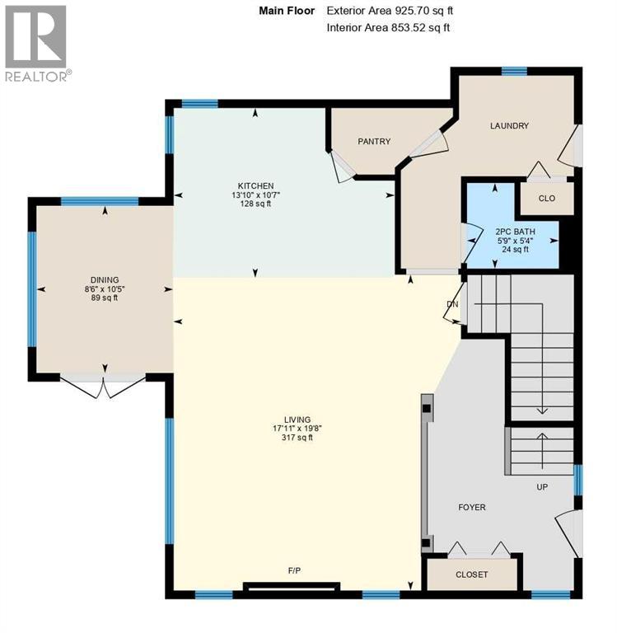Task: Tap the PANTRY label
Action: (x=374, y=142)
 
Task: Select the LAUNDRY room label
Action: (x=509, y=126)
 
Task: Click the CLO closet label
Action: (x=546, y=199)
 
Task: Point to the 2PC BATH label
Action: (x=515, y=232)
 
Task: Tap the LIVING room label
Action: (x=293, y=420)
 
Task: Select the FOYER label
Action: (x=472, y=507)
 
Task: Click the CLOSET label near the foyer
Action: (x=471, y=574)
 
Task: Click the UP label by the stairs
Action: (x=542, y=487)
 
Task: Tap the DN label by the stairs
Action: (x=451, y=304)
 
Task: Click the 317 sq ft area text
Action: (x=293, y=438)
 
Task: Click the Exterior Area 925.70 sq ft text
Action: (x=390, y=12)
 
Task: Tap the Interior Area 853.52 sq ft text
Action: (x=388, y=28)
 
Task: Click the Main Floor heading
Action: (x=287, y=12)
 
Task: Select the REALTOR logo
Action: (x=36, y=42)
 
